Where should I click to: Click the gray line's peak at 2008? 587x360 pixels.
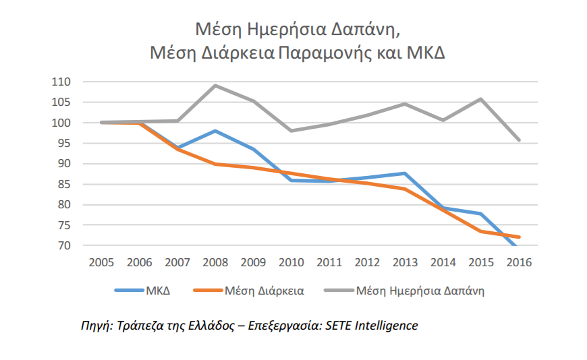[215, 86]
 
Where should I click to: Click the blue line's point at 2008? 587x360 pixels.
[215, 131]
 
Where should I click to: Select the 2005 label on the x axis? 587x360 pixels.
[101, 262]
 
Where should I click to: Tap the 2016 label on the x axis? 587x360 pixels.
[518, 262]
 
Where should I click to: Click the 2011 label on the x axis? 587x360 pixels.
[329, 262]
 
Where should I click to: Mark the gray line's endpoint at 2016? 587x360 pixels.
[518, 140]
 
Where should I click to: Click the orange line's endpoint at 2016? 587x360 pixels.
[518, 237]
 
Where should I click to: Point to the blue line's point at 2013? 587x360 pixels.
[405, 173]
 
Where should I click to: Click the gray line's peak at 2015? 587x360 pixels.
[480, 99]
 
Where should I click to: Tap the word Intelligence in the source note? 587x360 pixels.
[386, 326]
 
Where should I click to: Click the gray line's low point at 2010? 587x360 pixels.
[291, 131]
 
